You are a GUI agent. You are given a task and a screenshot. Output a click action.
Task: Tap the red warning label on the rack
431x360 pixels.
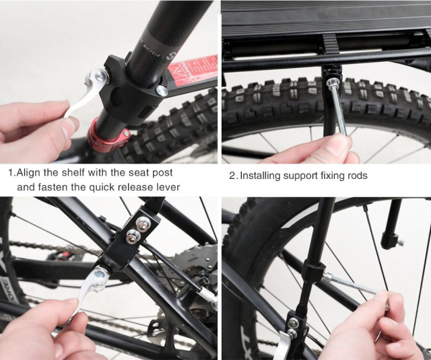(x=193, y=70)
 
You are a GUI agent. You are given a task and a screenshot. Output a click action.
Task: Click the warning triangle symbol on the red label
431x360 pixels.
(x=179, y=73)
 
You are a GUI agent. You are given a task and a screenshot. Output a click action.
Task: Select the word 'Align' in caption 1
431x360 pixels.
(x=29, y=173)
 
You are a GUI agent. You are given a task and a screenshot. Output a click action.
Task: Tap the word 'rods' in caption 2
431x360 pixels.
(x=358, y=176)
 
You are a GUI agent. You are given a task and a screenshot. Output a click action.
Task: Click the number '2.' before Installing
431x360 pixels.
(x=234, y=176)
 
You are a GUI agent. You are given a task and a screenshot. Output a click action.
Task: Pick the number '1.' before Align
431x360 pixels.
(x=12, y=173)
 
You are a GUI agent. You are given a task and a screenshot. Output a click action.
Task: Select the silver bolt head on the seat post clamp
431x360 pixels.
(x=162, y=91)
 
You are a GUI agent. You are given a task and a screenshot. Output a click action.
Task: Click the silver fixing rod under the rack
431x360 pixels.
(x=337, y=105)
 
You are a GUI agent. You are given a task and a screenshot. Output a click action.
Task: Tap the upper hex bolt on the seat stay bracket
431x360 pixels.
(x=142, y=222)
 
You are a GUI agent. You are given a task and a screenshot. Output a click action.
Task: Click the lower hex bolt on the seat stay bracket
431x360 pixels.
(x=133, y=237)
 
